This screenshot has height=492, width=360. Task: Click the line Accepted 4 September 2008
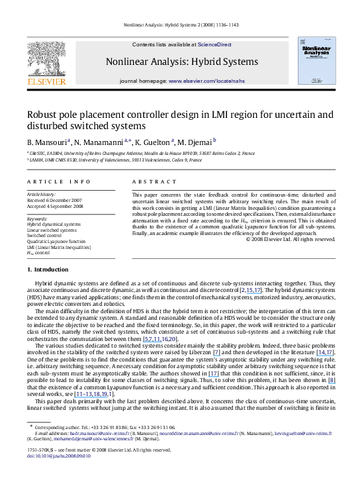55,206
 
